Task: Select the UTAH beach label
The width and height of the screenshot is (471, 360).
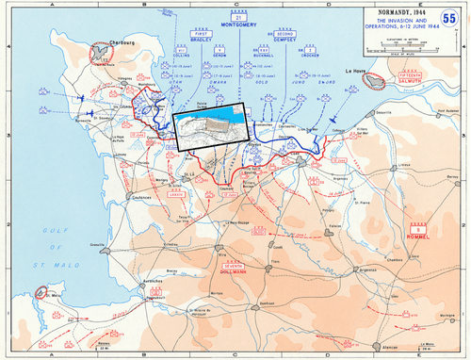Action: [174, 82]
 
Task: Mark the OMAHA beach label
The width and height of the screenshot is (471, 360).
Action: [209, 82]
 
